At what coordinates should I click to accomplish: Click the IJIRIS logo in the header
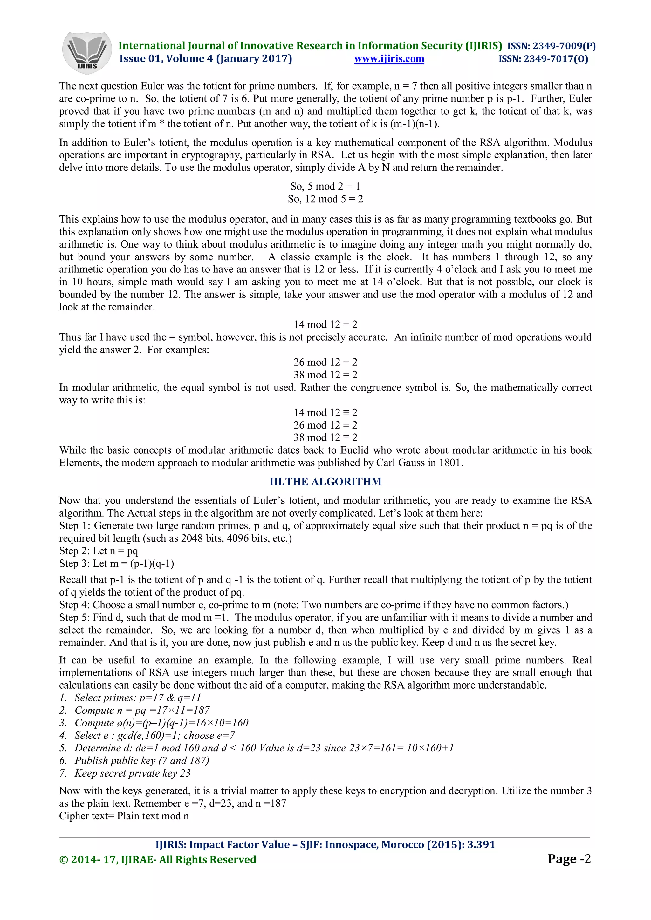click(87, 53)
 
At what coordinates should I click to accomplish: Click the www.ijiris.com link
click(389, 59)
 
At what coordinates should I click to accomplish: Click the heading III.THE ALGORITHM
click(325, 482)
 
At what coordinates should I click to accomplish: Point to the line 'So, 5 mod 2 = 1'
click(325, 186)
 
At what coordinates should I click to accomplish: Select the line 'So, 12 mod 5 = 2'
click(325, 199)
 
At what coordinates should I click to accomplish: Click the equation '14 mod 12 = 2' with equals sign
click(325, 324)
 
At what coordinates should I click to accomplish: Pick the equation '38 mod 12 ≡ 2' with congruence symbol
click(325, 437)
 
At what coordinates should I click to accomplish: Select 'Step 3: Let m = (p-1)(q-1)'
click(116, 563)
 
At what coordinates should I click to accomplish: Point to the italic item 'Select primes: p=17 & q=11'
click(138, 697)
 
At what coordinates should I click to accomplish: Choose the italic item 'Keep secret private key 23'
click(132, 773)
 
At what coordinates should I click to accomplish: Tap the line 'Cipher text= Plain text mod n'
click(124, 816)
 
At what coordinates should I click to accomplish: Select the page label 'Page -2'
click(569, 859)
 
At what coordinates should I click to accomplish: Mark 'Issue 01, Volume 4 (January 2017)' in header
click(206, 59)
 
